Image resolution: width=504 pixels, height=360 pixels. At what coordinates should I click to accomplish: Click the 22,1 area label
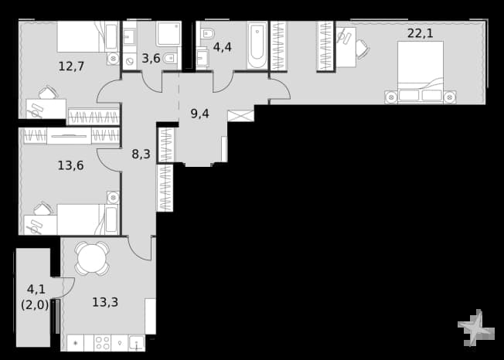[420, 33]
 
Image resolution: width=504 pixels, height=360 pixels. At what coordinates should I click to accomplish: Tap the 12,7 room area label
[71, 66]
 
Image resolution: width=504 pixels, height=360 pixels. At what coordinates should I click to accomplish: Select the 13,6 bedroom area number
[70, 166]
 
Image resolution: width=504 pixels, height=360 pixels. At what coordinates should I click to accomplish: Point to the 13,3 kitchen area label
[105, 302]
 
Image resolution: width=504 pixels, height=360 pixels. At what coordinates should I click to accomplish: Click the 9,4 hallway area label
[199, 114]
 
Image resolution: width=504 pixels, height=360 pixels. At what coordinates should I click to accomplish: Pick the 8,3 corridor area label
[141, 155]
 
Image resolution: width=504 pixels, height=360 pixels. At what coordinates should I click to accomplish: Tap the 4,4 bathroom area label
[223, 48]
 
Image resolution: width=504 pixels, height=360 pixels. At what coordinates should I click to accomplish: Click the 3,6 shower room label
[151, 59]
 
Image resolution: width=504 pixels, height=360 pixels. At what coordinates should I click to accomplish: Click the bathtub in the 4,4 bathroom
[257, 45]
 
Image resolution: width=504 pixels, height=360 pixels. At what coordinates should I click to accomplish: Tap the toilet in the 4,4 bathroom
[208, 33]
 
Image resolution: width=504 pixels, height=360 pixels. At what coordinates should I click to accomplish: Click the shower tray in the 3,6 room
[169, 34]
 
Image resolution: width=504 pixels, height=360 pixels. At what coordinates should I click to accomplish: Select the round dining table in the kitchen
[92, 258]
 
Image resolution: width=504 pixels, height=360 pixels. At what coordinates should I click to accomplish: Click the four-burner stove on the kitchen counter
[103, 343]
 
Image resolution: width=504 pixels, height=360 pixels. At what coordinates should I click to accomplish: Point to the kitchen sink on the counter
[137, 343]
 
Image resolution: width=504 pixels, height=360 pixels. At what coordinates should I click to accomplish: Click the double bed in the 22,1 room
[421, 73]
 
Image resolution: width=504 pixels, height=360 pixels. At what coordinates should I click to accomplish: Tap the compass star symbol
[476, 328]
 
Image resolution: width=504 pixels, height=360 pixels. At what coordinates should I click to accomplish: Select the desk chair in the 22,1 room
[363, 49]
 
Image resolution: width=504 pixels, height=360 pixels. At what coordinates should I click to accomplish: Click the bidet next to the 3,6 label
[169, 59]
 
